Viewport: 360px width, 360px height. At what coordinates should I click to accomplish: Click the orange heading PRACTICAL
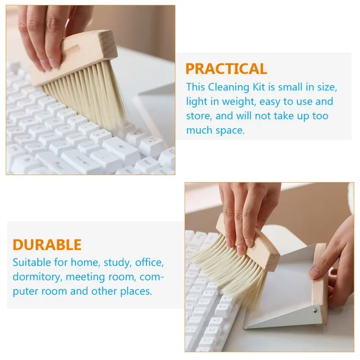(x=226, y=69)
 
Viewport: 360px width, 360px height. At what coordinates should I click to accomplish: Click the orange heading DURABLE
(x=47, y=245)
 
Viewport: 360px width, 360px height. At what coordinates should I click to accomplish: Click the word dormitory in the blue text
(x=37, y=277)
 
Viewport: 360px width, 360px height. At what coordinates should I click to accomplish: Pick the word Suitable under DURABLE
(x=31, y=262)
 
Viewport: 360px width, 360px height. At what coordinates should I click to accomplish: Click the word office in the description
(x=149, y=262)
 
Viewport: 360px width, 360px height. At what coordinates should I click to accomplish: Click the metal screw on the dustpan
(x=315, y=311)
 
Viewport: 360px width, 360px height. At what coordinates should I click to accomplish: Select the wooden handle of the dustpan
(x=320, y=285)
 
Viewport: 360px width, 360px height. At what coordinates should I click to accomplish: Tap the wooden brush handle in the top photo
(x=73, y=58)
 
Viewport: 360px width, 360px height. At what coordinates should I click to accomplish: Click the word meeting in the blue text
(x=85, y=277)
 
